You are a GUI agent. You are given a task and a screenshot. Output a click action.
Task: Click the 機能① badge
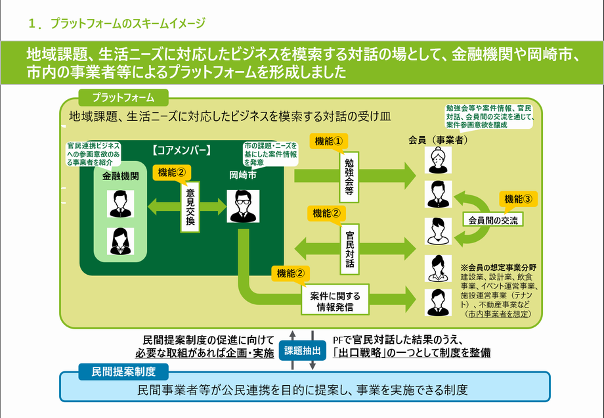click(x=328, y=141)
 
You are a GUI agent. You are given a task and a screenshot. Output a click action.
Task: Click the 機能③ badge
click(x=517, y=198)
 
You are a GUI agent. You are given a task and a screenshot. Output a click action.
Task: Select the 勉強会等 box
click(x=349, y=177)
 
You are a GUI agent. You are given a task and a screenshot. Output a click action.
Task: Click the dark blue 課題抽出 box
click(x=303, y=351)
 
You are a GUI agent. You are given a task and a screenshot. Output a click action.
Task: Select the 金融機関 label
click(x=120, y=177)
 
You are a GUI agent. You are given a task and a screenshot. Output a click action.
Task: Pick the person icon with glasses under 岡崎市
click(x=241, y=206)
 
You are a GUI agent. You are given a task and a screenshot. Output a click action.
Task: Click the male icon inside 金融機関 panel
click(x=120, y=204)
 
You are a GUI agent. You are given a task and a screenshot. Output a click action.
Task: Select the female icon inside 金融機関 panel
click(x=120, y=241)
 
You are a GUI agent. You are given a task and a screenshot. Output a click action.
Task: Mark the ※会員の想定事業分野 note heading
click(x=499, y=267)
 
